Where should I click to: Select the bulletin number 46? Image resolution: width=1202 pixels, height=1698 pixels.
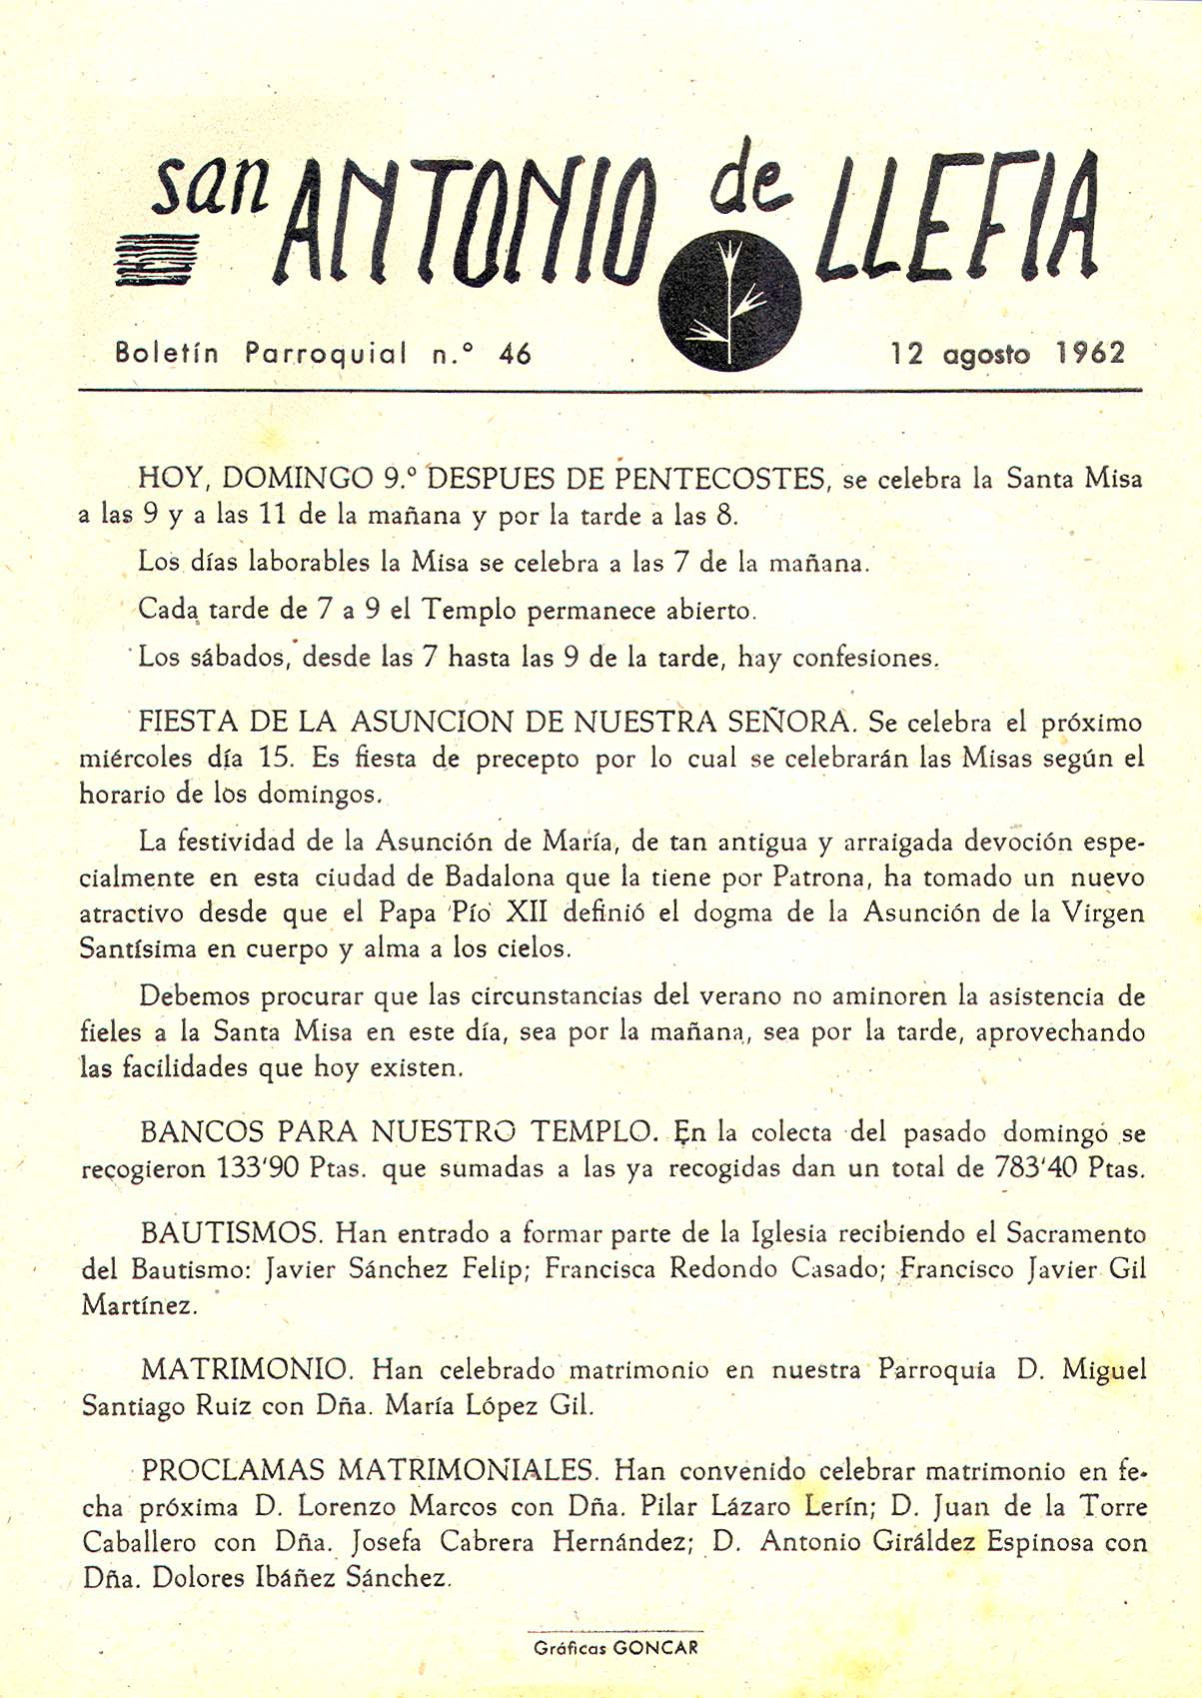pos(516,353)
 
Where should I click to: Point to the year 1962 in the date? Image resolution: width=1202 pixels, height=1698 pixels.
pos(1090,353)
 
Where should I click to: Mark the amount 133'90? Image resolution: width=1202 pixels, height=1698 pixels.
pos(267,1167)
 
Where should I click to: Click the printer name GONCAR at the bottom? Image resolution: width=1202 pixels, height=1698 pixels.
pos(655,1648)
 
